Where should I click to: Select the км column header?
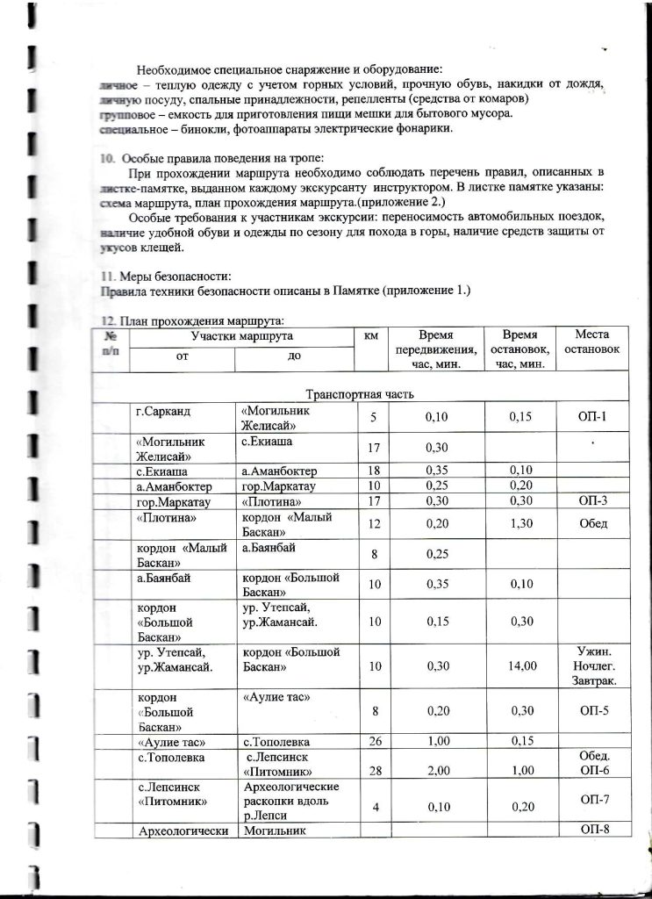click(370, 335)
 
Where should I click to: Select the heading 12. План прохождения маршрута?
click(193, 320)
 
